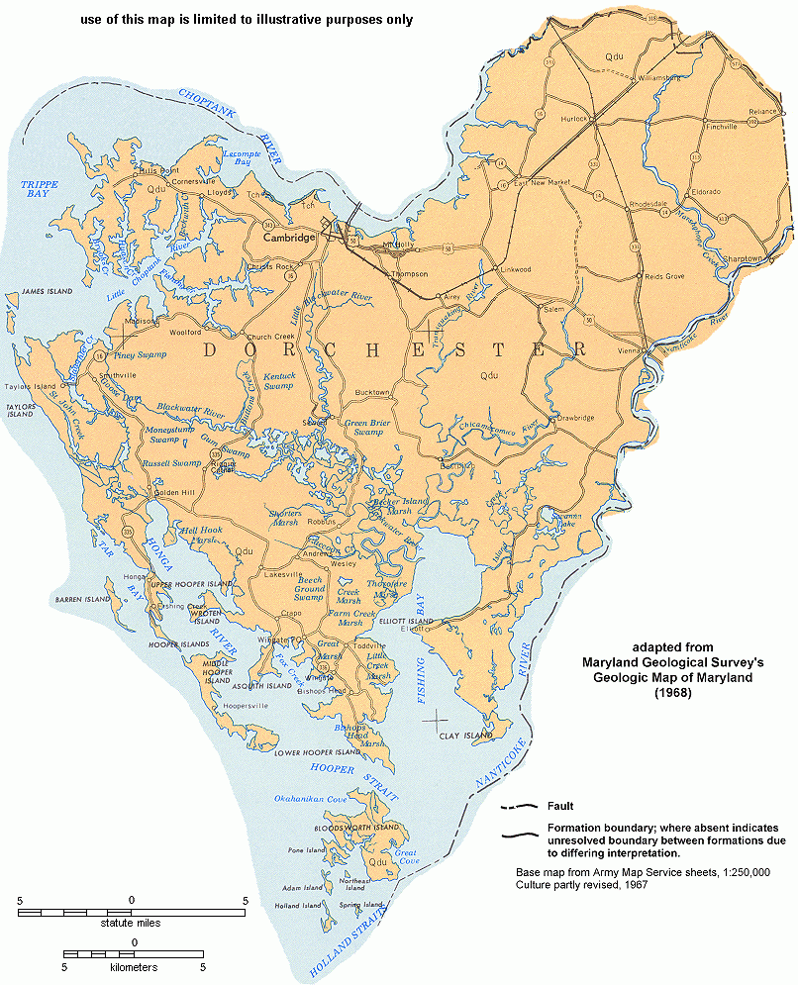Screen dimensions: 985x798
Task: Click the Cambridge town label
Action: [x=287, y=238]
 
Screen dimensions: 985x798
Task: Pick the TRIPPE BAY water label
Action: [x=40, y=191]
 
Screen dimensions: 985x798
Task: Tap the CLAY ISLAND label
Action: [x=465, y=736]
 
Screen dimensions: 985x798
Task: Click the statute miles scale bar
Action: [x=132, y=910]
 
